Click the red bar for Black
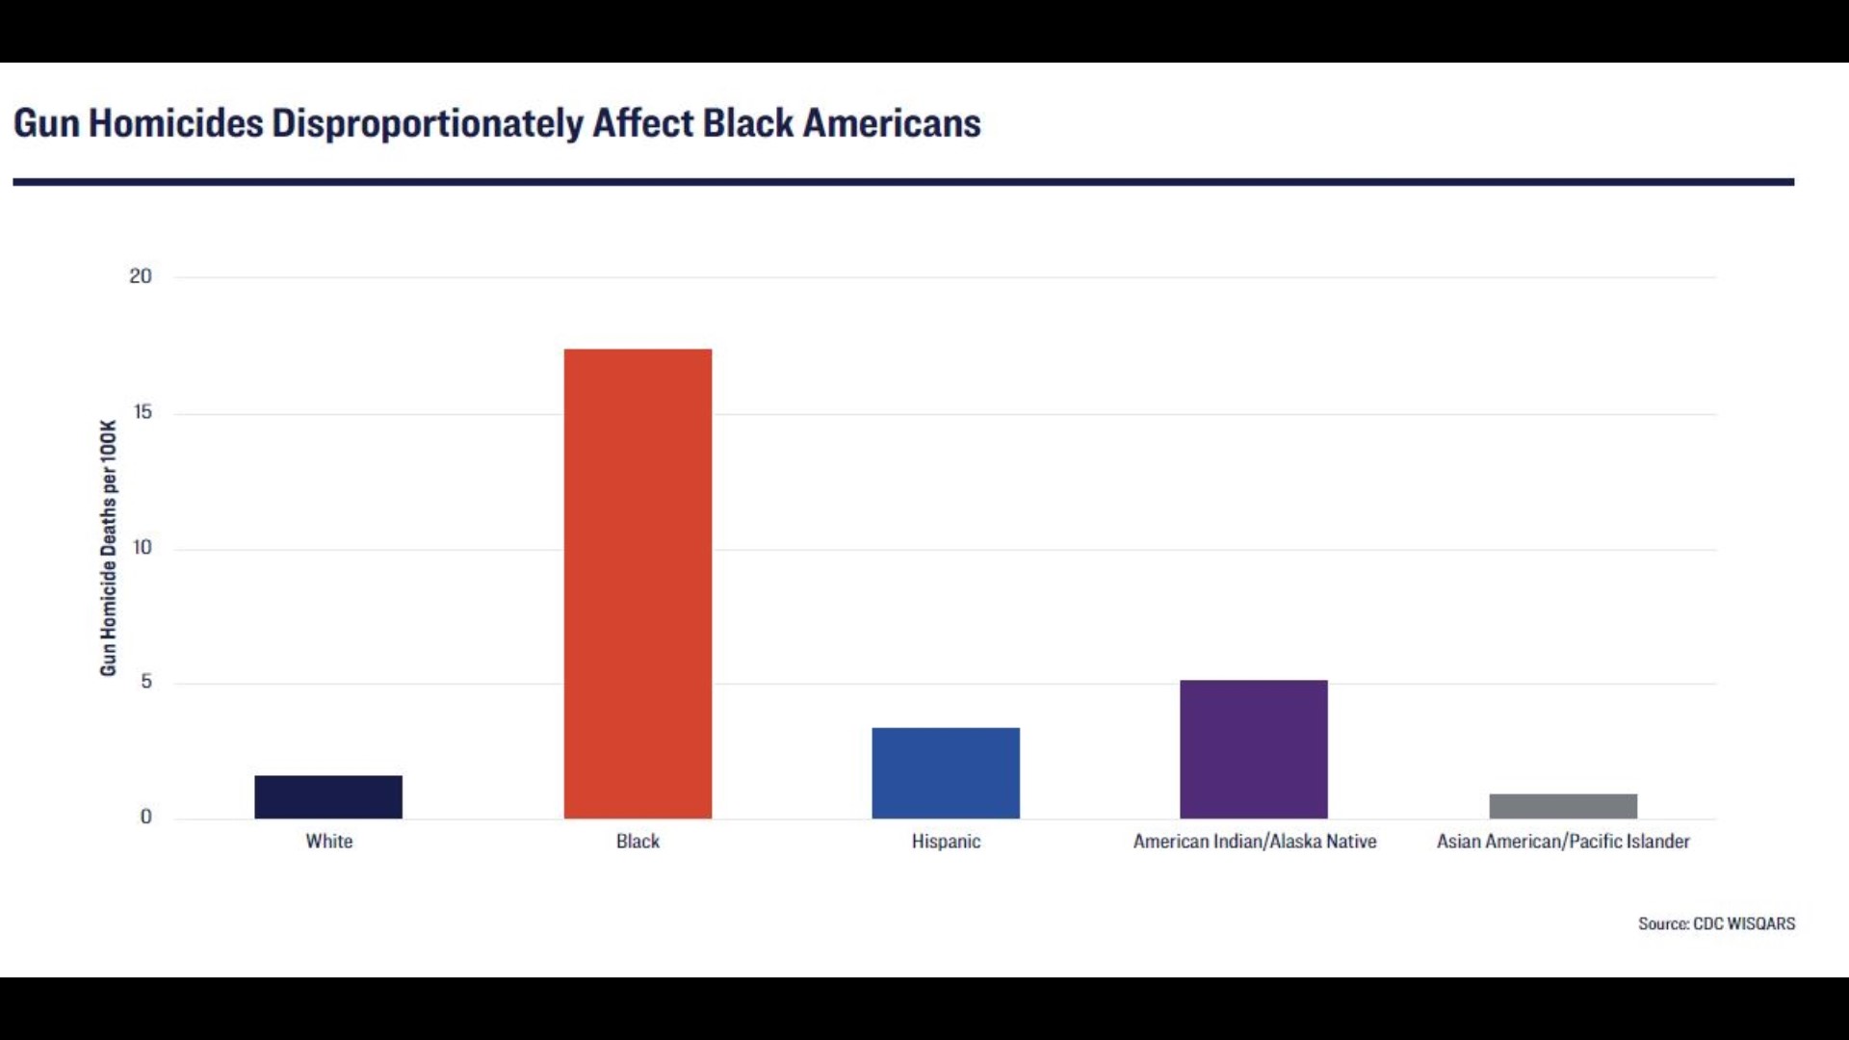click(638, 584)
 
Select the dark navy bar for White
click(328, 797)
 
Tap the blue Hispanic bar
click(946, 773)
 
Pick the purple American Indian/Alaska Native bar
click(1253, 749)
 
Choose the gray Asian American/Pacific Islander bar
click(1563, 806)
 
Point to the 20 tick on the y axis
click(141, 276)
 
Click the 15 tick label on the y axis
click(143, 412)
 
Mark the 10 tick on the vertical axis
click(143, 548)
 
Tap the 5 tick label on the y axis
click(146, 682)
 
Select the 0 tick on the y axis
click(146, 818)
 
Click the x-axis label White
click(329, 842)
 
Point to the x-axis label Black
click(638, 842)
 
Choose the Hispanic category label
click(946, 842)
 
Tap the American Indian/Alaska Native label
click(1254, 842)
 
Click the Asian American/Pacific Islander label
click(1563, 842)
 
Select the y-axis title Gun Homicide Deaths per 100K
click(108, 548)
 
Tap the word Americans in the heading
click(892, 124)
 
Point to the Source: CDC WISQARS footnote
click(1716, 923)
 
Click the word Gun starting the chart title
click(46, 124)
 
